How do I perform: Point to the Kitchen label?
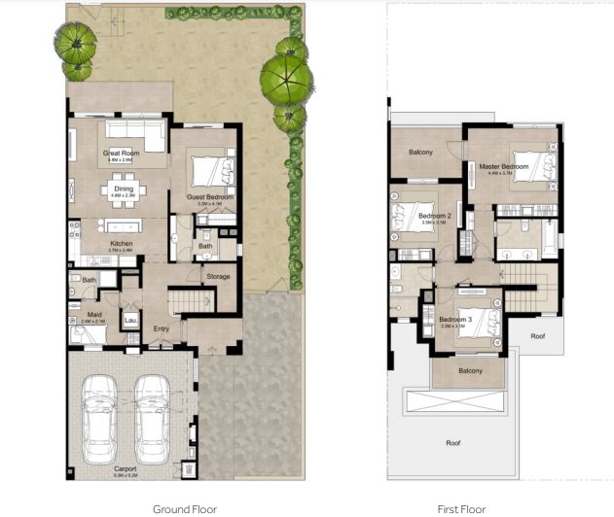click(x=121, y=243)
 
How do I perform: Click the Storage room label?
click(x=218, y=277)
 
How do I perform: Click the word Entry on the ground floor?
click(x=162, y=328)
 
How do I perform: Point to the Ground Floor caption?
click(x=184, y=507)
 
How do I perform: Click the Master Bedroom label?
click(x=504, y=166)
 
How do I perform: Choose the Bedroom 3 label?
click(x=455, y=320)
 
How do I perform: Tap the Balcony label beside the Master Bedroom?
click(x=420, y=153)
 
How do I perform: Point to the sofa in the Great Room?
click(x=135, y=130)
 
